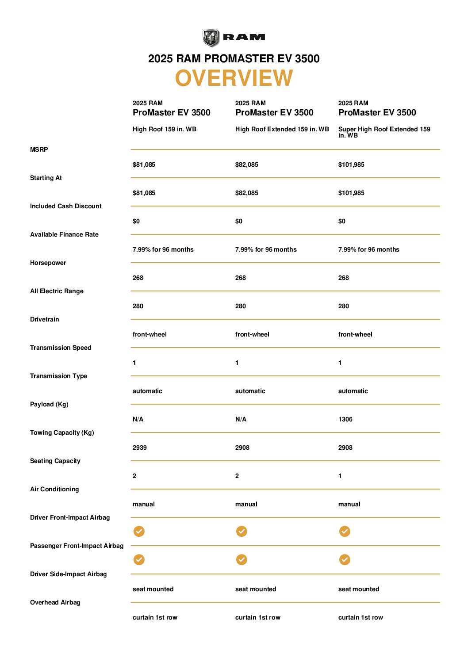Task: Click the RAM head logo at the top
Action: click(x=211, y=38)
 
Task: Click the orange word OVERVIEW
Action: click(x=234, y=78)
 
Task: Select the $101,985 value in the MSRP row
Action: click(x=351, y=165)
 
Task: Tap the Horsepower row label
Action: click(x=48, y=263)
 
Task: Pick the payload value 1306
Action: click(x=345, y=419)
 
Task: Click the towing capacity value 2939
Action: click(x=139, y=448)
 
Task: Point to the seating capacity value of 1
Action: click(x=340, y=476)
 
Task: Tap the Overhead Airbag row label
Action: click(x=55, y=602)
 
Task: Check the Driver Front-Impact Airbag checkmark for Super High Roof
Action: click(x=345, y=531)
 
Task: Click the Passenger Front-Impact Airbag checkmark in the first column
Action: click(x=139, y=559)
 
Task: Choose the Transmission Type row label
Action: click(x=58, y=376)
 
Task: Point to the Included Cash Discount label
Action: click(x=65, y=206)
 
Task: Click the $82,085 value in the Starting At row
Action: click(x=246, y=193)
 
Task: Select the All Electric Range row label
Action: click(x=57, y=291)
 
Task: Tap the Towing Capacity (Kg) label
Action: click(x=62, y=432)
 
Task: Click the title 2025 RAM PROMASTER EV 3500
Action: click(x=234, y=58)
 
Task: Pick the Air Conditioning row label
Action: click(x=54, y=489)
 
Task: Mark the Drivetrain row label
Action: click(x=44, y=319)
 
